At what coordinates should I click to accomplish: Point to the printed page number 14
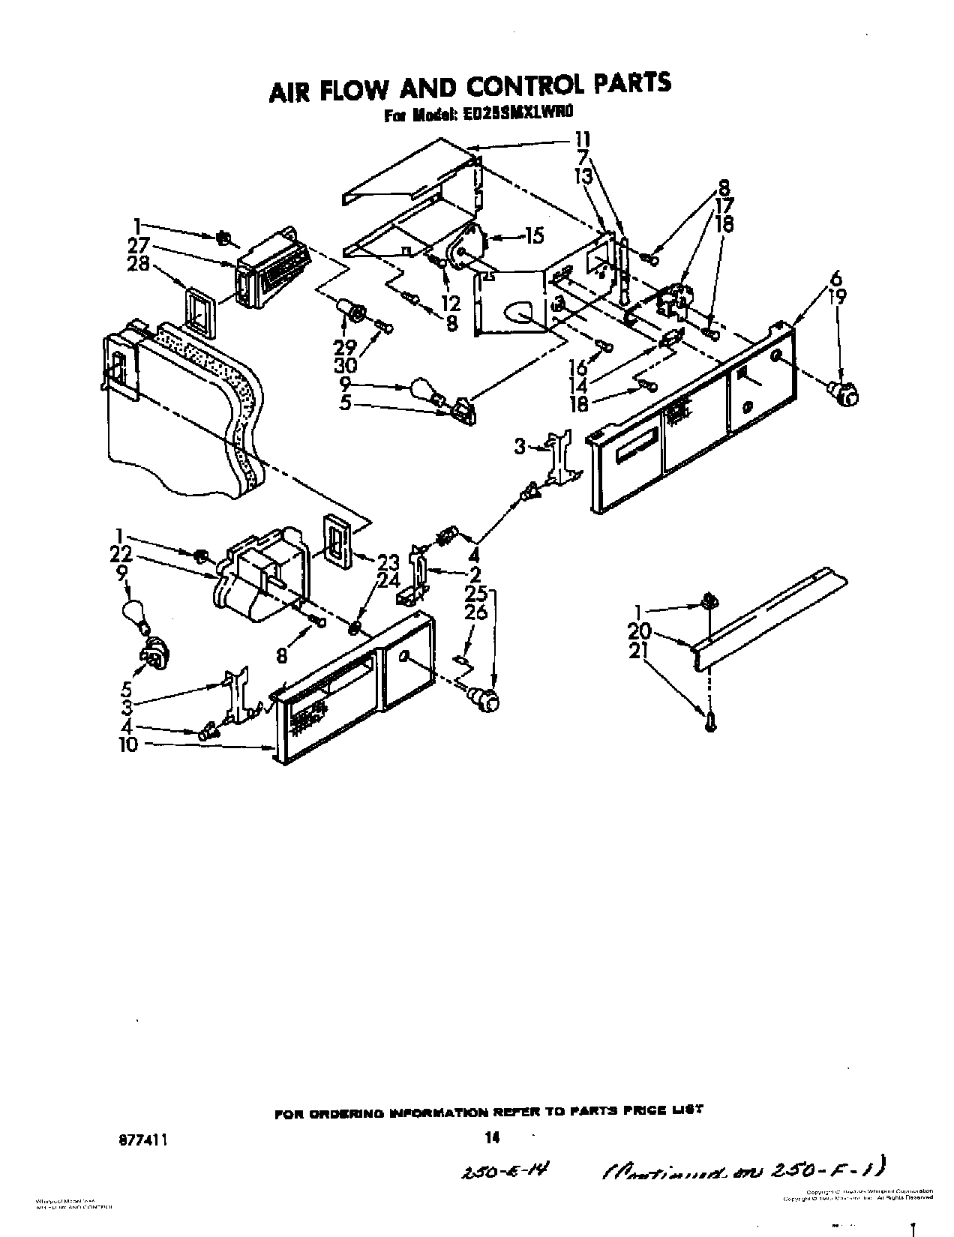(x=492, y=1116)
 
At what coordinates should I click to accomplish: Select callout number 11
(x=582, y=139)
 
